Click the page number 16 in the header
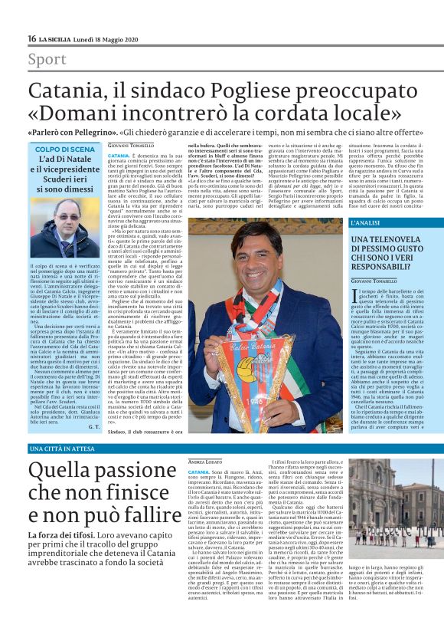pos(32,38)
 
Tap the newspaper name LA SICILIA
pos(57,38)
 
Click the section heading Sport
pos(47,59)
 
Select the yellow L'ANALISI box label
pos(368,222)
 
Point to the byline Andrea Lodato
pos(204,462)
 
